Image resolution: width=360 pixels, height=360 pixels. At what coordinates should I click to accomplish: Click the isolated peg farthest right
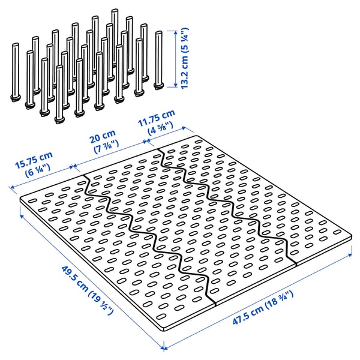[159, 60]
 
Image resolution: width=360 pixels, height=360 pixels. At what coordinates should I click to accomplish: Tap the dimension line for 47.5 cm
[258, 300]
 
